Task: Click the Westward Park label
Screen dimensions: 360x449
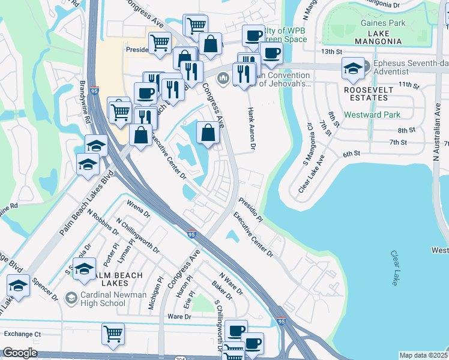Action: tap(368, 115)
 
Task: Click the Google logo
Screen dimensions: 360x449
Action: tap(20, 353)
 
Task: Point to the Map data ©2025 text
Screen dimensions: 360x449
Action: tap(423, 355)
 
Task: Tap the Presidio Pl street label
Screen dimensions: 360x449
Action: tap(250, 211)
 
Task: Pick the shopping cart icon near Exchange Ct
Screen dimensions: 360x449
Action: tap(113, 334)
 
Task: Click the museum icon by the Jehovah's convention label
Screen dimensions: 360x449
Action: tap(223, 79)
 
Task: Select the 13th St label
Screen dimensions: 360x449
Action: tap(330, 52)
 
